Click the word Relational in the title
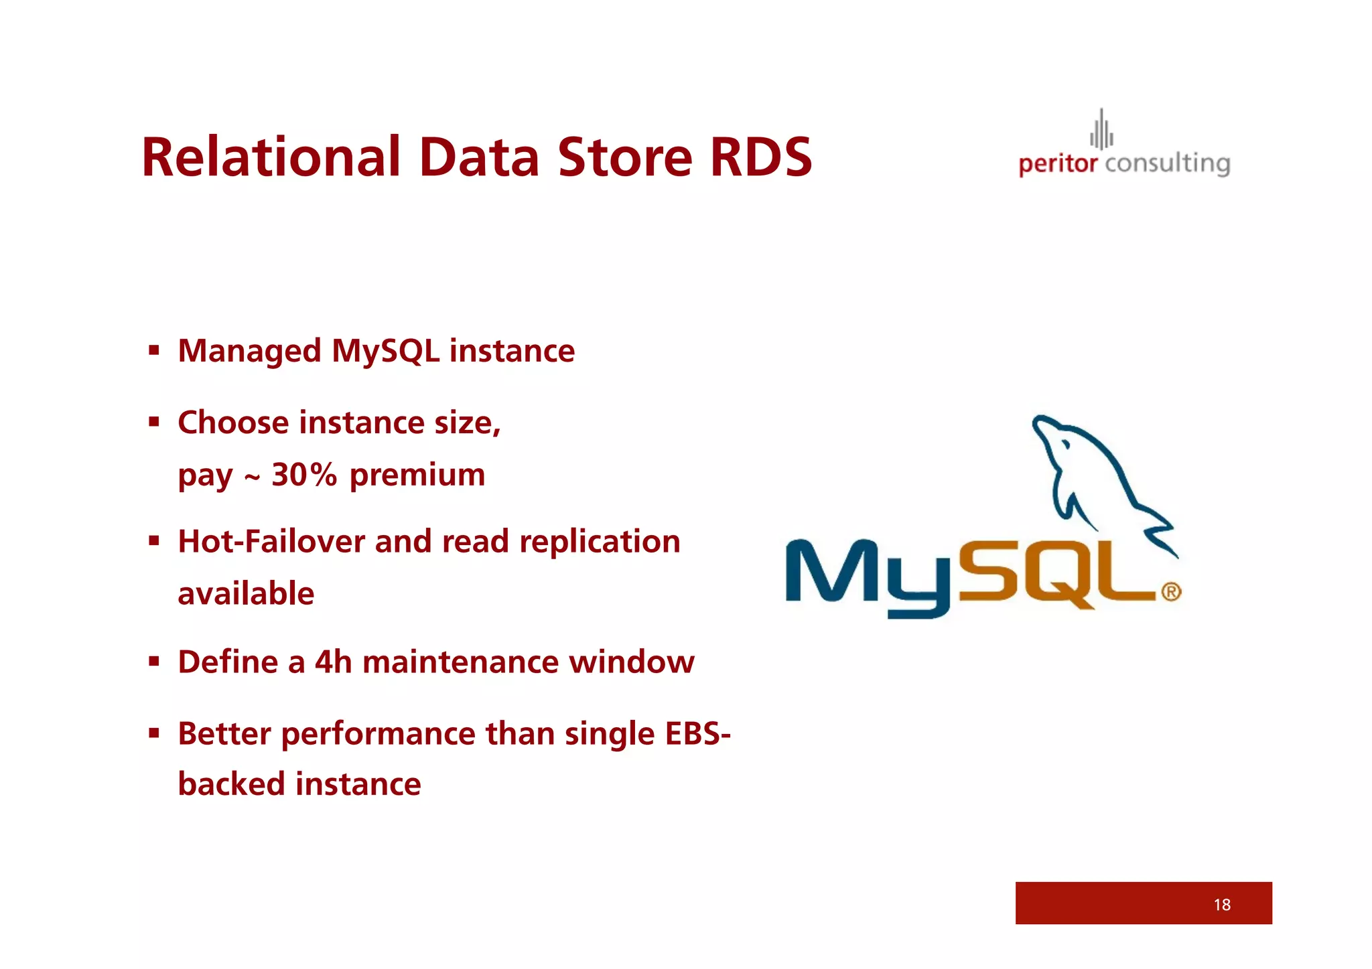[271, 157]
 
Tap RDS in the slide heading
[760, 157]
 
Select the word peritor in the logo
[1058, 164]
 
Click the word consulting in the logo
[1168, 164]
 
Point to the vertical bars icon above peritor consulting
[1101, 131]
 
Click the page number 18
[1221, 905]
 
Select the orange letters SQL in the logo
[1058, 573]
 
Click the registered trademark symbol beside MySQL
[1171, 592]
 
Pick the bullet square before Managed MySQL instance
[154, 350]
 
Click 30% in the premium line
[304, 475]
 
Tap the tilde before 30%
[252, 477]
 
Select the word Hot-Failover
[271, 541]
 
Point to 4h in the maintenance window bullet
[333, 662]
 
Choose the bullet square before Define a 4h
[154, 662]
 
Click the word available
[246, 594]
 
